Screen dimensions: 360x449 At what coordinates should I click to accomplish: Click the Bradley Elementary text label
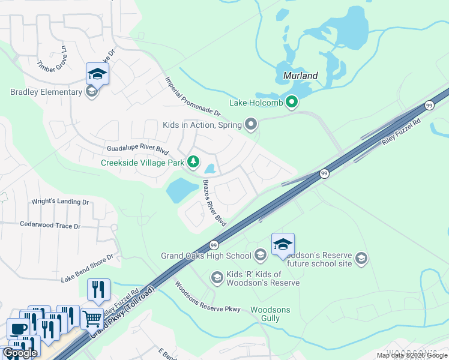[x=46, y=92]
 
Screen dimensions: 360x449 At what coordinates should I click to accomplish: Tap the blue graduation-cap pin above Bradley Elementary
[x=96, y=74]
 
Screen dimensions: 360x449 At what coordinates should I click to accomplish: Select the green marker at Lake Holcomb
[x=292, y=103]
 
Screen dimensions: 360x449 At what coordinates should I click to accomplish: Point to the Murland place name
[x=300, y=76]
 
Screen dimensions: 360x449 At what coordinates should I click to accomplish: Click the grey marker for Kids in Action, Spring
[x=251, y=125]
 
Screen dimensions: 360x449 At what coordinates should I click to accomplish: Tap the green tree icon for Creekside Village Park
[x=193, y=161]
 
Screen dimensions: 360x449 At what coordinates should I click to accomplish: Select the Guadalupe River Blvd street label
[x=137, y=148]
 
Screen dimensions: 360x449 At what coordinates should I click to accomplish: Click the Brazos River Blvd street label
[x=214, y=203]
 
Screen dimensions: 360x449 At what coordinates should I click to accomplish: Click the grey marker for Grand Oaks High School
[x=261, y=256]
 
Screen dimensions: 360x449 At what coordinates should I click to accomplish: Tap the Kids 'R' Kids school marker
[x=217, y=277]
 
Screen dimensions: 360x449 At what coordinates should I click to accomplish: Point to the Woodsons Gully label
[x=270, y=314]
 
